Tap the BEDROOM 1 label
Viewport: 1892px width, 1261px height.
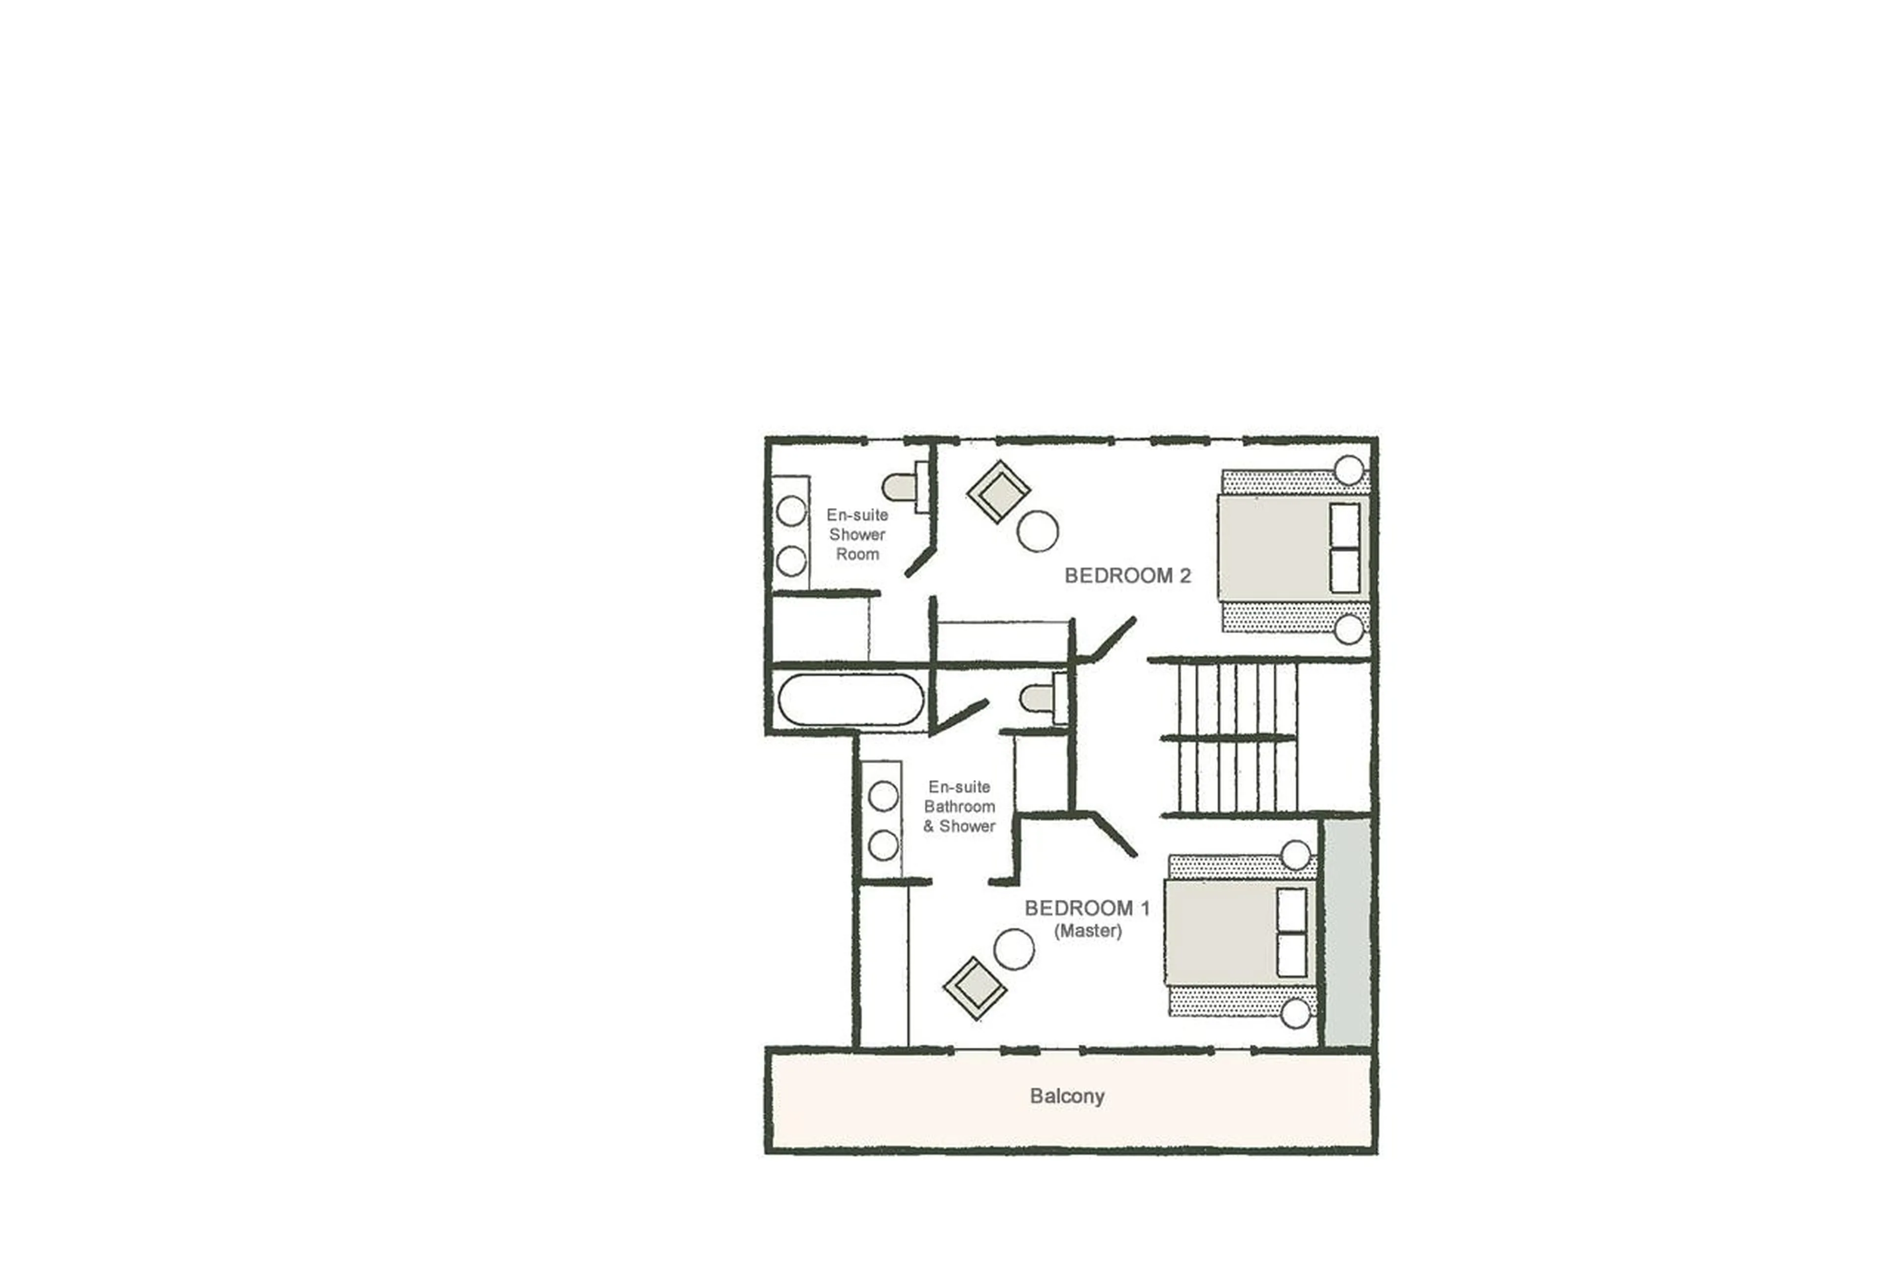point(1086,908)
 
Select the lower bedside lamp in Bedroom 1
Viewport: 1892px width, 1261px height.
point(1294,1013)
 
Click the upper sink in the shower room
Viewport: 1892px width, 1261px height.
point(791,511)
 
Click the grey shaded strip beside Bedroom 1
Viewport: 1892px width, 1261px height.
point(1347,933)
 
